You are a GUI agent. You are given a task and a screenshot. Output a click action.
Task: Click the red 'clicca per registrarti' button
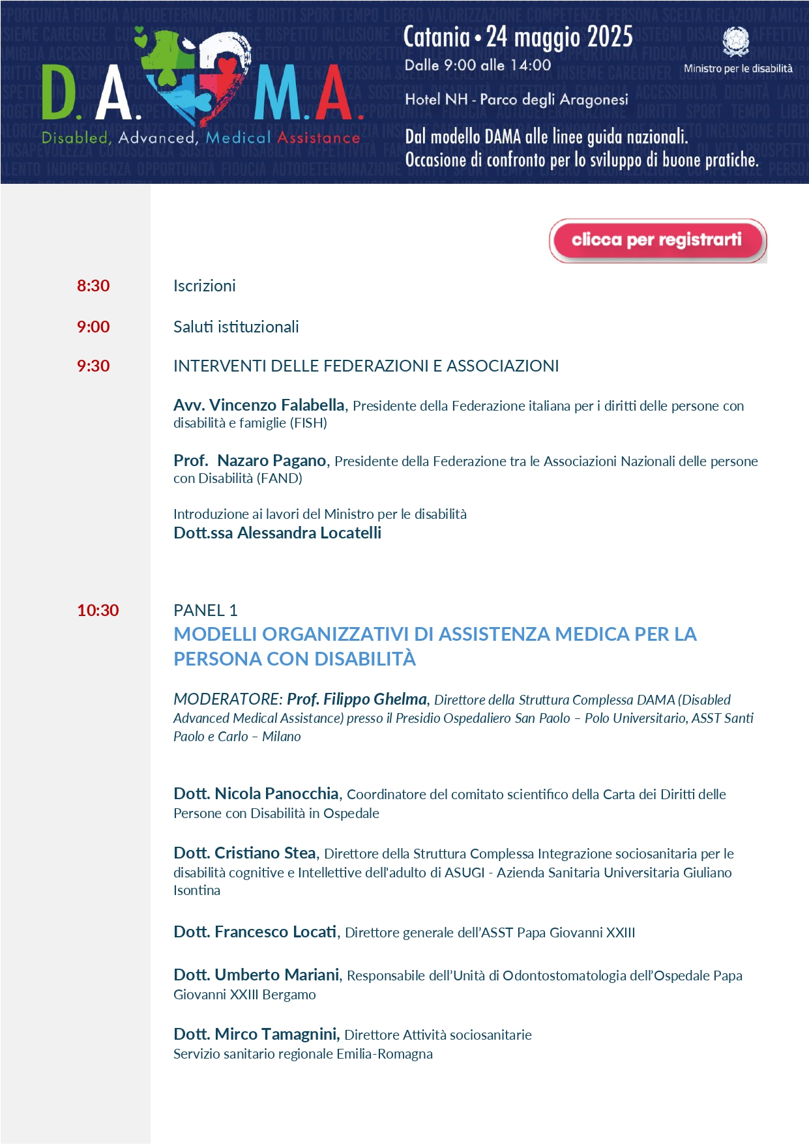657,241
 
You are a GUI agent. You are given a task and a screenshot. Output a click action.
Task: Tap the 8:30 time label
93,286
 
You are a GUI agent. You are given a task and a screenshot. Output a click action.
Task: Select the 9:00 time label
93,327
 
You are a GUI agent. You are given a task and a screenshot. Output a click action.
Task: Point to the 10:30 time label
98,610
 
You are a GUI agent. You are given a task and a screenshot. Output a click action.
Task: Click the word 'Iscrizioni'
204,286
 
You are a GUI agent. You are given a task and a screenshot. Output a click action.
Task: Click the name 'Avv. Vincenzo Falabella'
259,405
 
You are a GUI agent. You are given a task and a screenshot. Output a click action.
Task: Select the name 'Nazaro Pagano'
271,460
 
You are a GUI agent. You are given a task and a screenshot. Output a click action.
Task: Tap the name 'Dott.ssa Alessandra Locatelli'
277,533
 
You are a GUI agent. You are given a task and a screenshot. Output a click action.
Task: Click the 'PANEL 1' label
205,610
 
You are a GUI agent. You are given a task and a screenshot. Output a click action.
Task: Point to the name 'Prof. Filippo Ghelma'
357,699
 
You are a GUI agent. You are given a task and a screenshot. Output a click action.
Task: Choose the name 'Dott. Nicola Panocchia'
256,793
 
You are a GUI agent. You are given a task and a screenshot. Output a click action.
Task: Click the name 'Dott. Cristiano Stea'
244,853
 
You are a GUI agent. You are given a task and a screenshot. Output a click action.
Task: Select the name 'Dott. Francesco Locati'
255,931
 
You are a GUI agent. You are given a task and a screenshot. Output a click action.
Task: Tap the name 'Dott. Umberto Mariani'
256,975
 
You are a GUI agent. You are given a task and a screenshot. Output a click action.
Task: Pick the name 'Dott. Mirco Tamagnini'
256,1034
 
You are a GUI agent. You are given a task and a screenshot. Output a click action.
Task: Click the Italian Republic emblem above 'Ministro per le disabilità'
736,42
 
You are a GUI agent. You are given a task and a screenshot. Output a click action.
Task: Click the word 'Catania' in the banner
436,37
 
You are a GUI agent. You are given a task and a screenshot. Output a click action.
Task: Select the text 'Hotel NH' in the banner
436,99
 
